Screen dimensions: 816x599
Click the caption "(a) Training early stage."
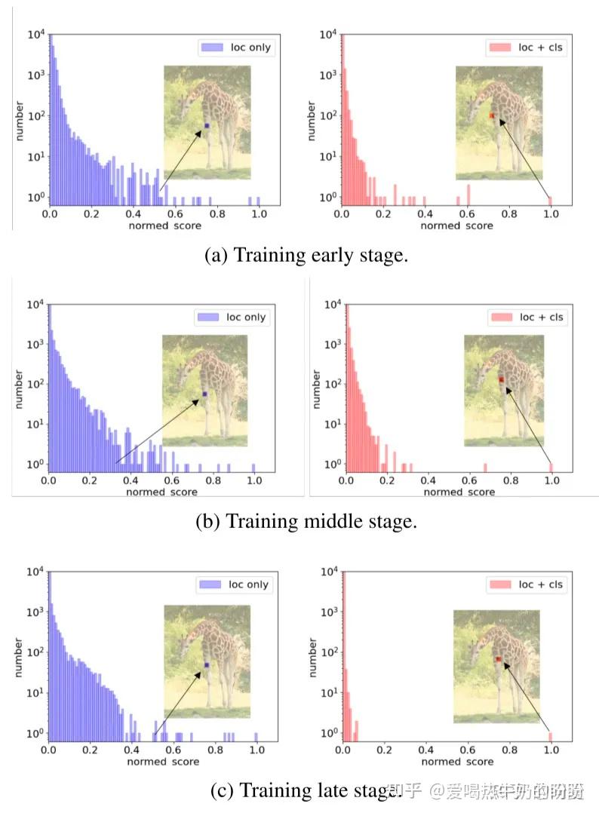tap(306, 255)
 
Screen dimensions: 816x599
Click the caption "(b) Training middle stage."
tap(306, 521)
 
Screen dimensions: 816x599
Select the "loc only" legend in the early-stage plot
tap(236, 48)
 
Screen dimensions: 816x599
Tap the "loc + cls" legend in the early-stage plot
tap(527, 48)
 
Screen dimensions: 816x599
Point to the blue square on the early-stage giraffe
tap(207, 125)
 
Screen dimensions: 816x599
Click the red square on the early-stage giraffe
tap(492, 115)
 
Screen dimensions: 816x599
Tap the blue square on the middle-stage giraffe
tap(204, 394)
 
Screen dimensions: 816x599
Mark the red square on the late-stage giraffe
tap(499, 659)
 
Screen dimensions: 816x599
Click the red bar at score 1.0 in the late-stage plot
tap(551, 737)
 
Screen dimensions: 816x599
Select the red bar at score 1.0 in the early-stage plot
tap(551, 200)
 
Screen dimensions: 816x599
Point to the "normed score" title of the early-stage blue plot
tap(154, 225)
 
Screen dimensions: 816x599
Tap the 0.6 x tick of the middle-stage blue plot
tap(171, 480)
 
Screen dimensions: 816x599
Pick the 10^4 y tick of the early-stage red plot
tap(328, 34)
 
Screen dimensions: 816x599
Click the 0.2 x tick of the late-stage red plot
tap(385, 751)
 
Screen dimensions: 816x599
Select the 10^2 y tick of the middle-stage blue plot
tap(33, 384)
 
